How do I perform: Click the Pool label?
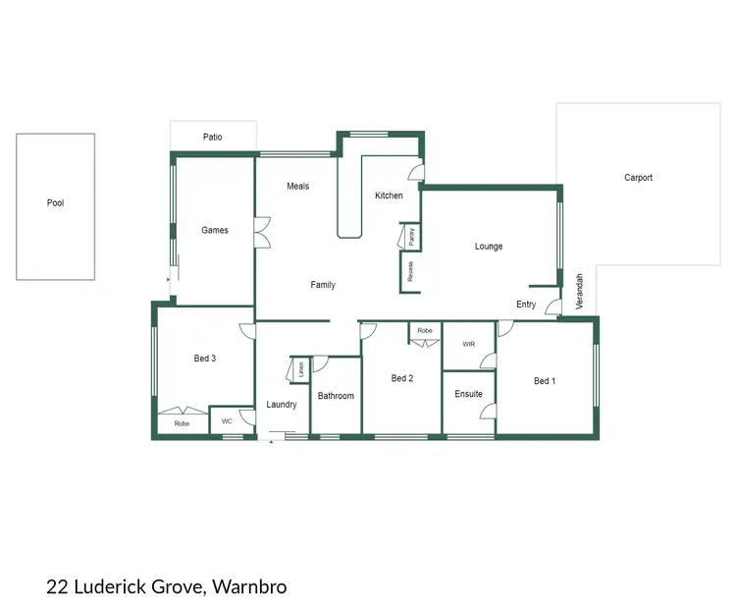pos(55,203)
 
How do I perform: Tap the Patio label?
pos(212,138)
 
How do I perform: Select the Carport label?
pos(638,178)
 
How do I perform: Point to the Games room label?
pos(215,230)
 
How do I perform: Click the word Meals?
pos(297,186)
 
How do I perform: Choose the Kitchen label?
pos(389,195)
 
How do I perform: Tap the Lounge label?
pos(489,247)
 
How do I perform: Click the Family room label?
pos(323,285)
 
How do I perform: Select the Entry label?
pos(526,305)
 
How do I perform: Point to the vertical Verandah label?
pos(579,292)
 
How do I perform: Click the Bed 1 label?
pos(544,381)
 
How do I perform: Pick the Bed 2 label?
pos(401,378)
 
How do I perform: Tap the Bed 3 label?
pos(204,359)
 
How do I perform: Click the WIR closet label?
pos(468,345)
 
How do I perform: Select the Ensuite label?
pos(468,394)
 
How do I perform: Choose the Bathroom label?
pos(336,396)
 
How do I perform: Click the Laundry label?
pos(282,405)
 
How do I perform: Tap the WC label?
pos(227,421)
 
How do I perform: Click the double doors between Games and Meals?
pos(262,234)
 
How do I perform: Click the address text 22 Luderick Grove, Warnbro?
pos(166,587)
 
